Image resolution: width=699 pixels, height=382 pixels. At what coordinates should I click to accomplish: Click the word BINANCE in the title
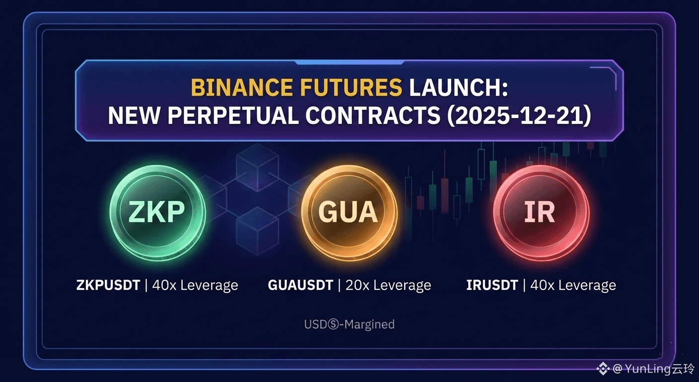242,87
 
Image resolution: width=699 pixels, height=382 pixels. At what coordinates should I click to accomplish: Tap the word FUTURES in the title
351,87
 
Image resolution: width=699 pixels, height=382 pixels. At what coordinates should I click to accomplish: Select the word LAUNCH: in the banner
458,87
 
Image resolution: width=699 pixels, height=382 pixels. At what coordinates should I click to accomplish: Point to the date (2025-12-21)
519,116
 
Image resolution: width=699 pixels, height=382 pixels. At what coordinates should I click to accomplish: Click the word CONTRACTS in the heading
373,116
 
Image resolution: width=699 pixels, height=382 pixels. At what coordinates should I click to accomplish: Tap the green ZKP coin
157,212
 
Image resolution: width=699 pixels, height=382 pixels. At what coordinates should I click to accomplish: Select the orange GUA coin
349,212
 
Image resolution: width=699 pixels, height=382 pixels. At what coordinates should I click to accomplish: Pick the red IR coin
541,212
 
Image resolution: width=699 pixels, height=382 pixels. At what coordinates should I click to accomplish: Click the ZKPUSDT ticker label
108,285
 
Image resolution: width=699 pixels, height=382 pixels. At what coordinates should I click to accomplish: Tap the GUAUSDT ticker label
300,285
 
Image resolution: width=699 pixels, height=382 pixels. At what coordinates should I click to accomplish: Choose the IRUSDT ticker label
492,285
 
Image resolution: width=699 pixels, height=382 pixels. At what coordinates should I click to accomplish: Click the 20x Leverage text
388,286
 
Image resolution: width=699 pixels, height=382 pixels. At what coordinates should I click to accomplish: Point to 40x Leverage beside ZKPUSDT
195,286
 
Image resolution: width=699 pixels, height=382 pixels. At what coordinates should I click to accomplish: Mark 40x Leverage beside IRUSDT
573,286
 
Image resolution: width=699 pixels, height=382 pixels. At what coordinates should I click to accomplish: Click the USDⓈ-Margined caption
349,324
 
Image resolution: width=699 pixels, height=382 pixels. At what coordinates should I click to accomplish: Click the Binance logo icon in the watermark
603,369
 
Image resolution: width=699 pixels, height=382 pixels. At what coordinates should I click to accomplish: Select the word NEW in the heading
134,116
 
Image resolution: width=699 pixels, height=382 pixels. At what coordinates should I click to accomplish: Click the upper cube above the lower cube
258,167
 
